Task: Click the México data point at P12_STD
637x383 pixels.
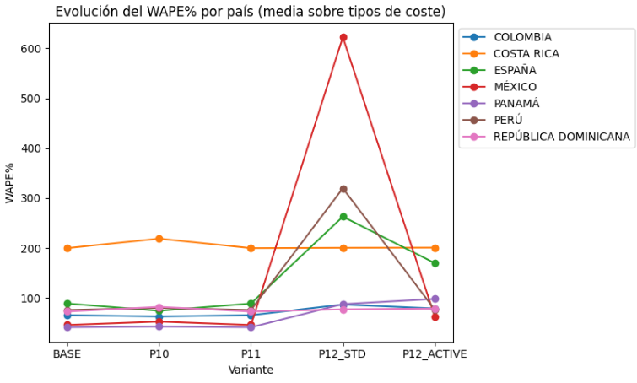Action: pos(343,37)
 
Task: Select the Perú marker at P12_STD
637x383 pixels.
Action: pos(343,189)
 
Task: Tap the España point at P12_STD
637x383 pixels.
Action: pos(343,217)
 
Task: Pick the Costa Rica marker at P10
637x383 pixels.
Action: pos(159,239)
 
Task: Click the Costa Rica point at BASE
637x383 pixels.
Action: pos(67,248)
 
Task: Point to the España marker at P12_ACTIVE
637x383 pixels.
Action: pos(435,263)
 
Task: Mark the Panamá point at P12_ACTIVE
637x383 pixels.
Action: pos(435,299)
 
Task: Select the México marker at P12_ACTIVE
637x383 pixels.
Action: pos(435,317)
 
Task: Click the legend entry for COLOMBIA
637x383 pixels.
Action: pos(522,37)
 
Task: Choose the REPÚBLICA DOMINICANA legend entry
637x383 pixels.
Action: pos(561,136)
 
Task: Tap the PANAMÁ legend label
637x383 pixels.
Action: pos(516,103)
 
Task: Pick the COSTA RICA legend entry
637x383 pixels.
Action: pos(526,54)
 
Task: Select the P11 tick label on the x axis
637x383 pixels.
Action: pos(251,354)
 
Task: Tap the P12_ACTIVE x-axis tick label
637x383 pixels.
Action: pos(435,354)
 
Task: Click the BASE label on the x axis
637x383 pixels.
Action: pos(67,354)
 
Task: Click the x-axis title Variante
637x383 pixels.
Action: pos(251,370)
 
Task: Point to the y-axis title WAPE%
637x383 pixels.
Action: pos(12,183)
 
